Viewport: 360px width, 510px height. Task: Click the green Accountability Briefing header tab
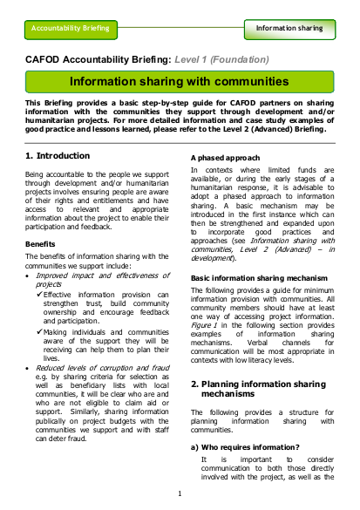(71, 28)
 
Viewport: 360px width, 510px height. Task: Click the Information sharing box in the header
(289, 28)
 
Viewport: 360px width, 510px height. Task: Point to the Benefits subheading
(41, 243)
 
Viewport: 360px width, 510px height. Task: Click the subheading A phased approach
(223, 156)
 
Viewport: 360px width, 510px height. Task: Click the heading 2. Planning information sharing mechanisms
(255, 388)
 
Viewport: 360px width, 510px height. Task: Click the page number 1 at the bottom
(180, 493)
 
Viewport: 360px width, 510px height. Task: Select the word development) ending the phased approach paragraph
(214, 258)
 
